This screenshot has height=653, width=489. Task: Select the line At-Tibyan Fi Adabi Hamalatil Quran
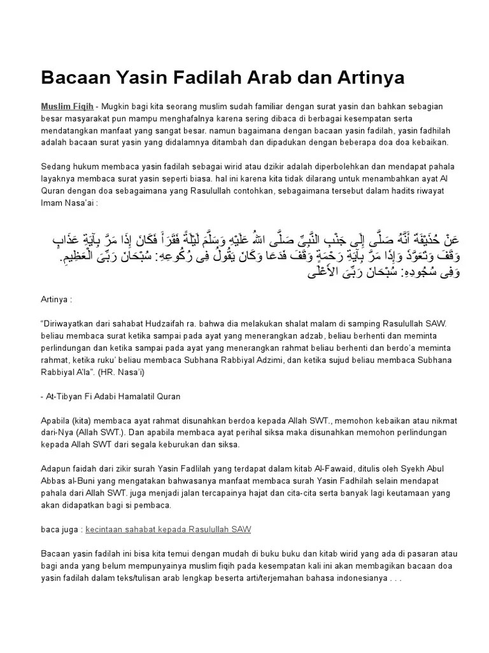[113, 396]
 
